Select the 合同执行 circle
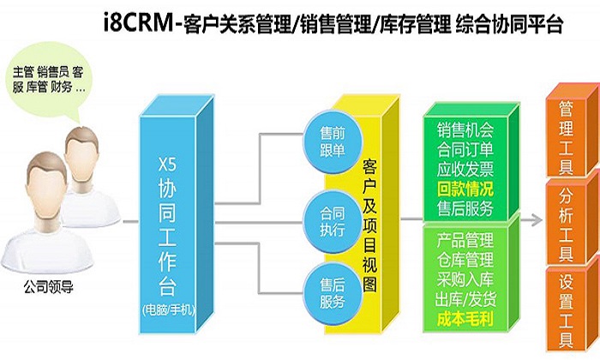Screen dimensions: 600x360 point(333,222)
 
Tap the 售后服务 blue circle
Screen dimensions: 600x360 point(333,293)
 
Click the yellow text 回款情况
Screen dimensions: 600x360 point(465,189)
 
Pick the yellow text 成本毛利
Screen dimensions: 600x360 point(465,319)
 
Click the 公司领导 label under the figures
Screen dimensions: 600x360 point(48,286)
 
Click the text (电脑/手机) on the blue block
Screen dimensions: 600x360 point(168,309)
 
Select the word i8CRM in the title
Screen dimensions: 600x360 point(139,24)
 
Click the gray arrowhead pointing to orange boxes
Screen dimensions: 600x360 point(537,220)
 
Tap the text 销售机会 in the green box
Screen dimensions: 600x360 point(465,130)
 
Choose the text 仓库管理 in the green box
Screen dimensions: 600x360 point(465,261)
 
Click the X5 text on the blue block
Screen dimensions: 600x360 point(168,165)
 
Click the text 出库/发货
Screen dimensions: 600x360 point(465,299)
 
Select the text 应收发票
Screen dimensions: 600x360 point(465,169)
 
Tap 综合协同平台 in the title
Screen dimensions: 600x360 point(509,25)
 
